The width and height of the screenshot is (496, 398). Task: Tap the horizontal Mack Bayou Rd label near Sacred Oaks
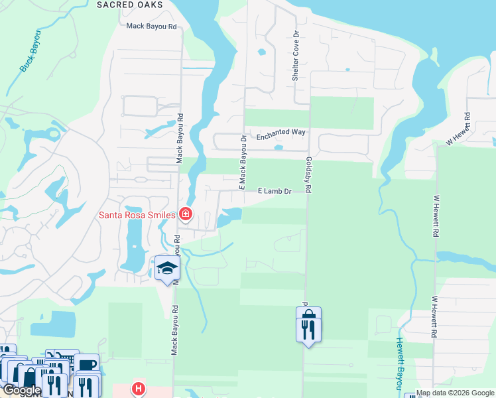153,27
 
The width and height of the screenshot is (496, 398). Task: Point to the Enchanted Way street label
280,132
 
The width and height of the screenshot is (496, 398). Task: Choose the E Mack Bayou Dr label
243,159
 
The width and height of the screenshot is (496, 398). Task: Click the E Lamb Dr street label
274,191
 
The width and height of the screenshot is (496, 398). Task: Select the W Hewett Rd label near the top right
458,129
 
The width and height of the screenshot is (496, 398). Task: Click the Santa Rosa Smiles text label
137,214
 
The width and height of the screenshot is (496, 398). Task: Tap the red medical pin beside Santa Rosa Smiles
186,214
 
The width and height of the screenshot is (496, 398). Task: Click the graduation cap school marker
167,269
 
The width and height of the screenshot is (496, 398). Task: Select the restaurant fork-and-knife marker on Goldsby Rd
308,328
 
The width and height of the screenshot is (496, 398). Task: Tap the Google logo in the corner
21,390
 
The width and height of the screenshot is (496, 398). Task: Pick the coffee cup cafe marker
86,365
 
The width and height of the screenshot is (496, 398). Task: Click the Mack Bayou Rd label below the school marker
176,330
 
